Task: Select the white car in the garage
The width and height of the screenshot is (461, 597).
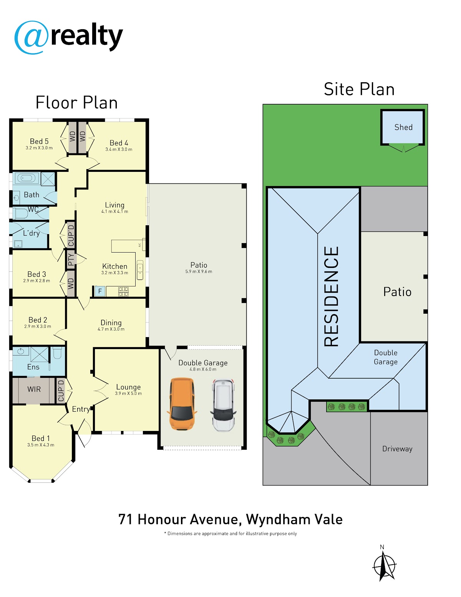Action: (x=223, y=405)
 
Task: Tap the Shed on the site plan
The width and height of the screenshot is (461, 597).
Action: (x=403, y=128)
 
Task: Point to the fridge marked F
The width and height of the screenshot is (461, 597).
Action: (x=100, y=291)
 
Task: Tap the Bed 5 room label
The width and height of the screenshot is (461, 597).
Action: (x=39, y=141)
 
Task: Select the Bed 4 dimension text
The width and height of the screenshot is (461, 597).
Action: (x=119, y=150)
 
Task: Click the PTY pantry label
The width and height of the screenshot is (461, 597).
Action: (x=71, y=259)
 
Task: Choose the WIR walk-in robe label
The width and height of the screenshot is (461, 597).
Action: (x=34, y=389)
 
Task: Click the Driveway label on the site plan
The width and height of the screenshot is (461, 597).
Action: (x=397, y=449)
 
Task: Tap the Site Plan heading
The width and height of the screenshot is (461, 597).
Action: (x=359, y=89)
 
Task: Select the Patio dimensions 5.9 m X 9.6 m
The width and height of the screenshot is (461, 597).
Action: (x=199, y=271)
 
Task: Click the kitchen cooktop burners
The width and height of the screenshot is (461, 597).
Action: (x=123, y=291)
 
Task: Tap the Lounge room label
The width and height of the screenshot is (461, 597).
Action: (x=128, y=387)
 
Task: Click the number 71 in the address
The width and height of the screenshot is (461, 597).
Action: (x=126, y=519)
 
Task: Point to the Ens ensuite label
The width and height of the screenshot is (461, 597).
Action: (x=33, y=367)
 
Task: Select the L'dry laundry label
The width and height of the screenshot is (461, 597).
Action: (x=31, y=233)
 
